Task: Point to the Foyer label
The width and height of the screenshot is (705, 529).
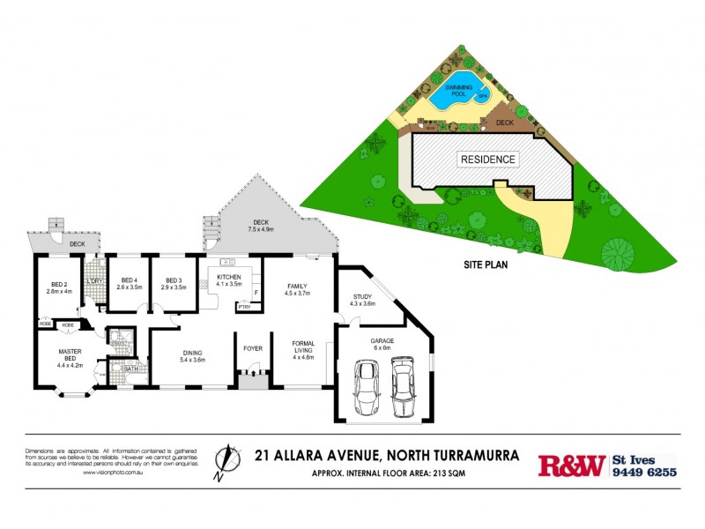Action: click(x=253, y=348)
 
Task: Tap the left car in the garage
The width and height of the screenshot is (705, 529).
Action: click(x=366, y=388)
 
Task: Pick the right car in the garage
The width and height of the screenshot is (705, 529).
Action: click(x=404, y=385)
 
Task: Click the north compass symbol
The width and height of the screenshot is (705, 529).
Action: click(x=227, y=461)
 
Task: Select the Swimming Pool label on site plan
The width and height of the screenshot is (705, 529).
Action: click(x=458, y=91)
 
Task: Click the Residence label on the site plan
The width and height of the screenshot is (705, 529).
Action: click(x=488, y=160)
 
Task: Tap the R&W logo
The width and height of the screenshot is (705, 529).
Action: click(x=571, y=466)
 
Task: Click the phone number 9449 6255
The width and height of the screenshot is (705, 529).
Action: click(x=644, y=472)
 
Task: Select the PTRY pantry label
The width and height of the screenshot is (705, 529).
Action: click(x=243, y=307)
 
